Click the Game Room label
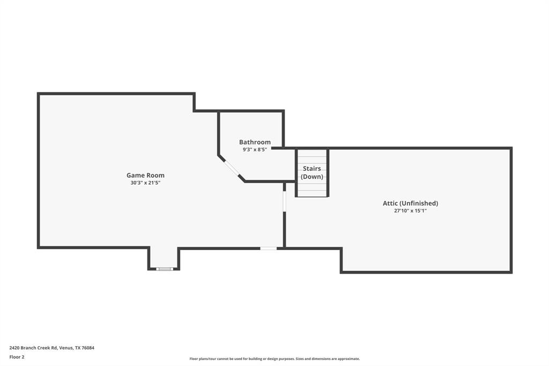[145, 175]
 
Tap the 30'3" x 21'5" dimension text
[145, 183]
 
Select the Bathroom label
[255, 142]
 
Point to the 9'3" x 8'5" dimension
[255, 150]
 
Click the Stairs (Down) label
[311, 172]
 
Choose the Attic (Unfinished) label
[410, 203]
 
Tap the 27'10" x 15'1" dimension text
[410, 211]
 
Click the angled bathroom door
[232, 168]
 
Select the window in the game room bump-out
[165, 268]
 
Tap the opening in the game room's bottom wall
[268, 248]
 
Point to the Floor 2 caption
[17, 357]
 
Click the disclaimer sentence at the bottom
[274, 359]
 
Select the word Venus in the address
[66, 348]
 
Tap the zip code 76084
[88, 348]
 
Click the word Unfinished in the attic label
[421, 203]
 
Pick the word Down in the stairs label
[311, 177]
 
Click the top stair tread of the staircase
[312, 153]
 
